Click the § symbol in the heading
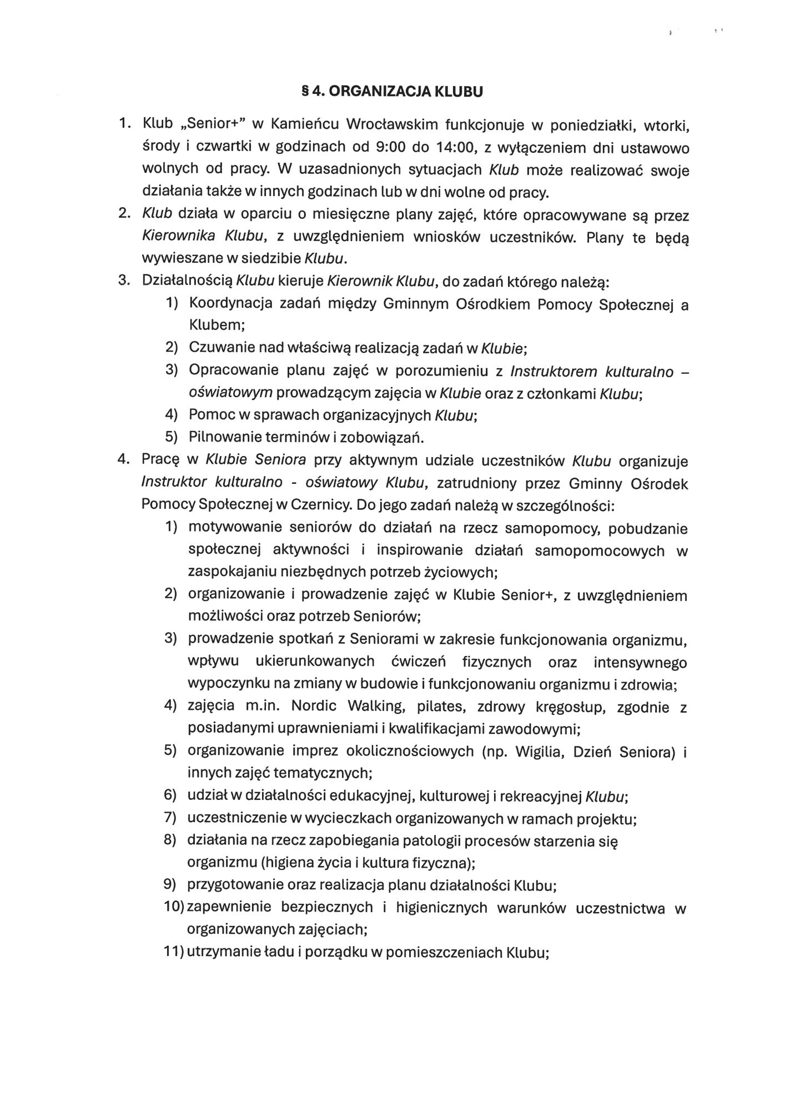pos(304,92)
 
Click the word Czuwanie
pos(214,348)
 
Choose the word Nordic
pos(314,707)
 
